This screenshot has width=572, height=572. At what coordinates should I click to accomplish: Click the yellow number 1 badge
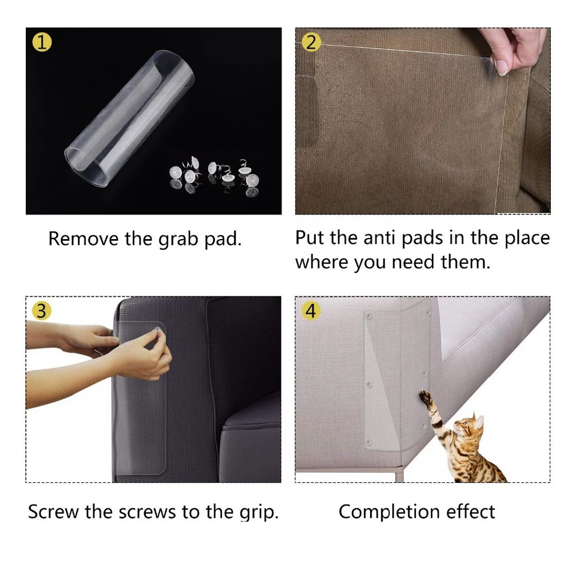coord(42,42)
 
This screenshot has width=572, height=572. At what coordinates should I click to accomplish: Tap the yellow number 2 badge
coord(311,42)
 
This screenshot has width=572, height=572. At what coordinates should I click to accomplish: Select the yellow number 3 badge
coord(42,311)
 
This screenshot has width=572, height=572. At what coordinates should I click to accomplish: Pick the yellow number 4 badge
coord(311,311)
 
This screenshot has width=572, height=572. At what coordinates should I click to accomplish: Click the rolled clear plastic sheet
coord(129,118)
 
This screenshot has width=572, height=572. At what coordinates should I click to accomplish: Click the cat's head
coord(468,424)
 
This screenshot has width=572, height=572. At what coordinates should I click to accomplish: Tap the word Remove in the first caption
coord(84,239)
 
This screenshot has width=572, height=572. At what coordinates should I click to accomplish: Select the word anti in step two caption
coord(379,238)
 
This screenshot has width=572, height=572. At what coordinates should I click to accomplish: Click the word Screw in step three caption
coord(53,511)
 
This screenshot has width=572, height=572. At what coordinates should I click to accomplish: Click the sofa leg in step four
coord(400,475)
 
